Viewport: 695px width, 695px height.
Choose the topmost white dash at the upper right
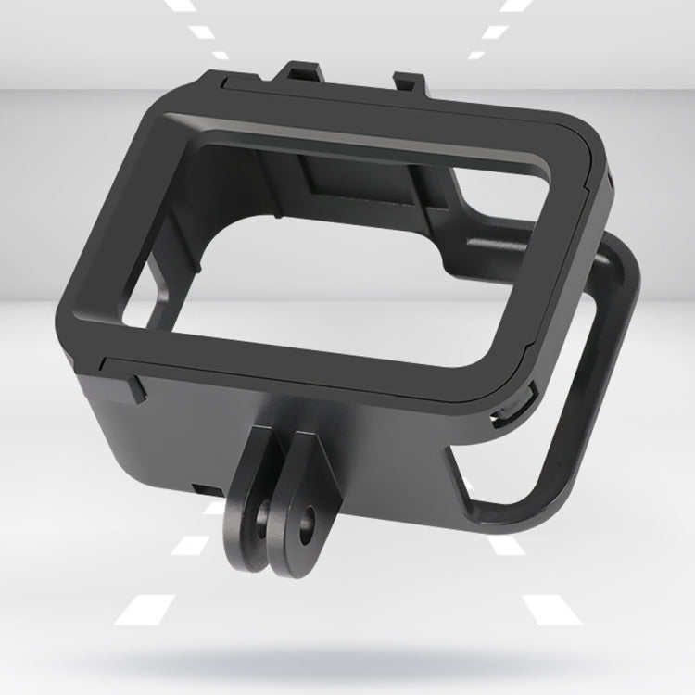coord(512,6)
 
